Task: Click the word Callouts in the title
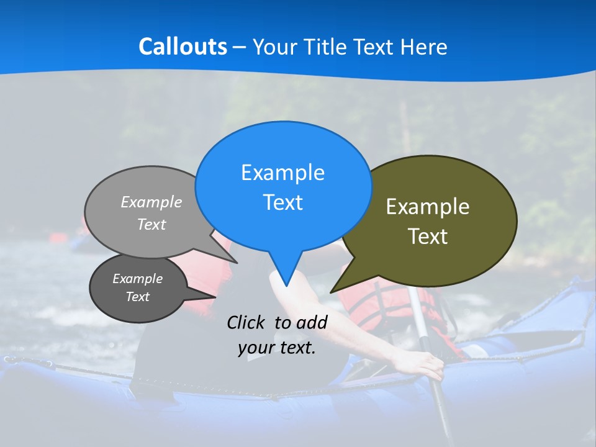183,47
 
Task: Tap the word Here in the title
424,47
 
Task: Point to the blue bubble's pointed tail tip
286,286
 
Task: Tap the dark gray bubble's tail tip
215,297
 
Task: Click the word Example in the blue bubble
282,173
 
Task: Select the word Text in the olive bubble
428,237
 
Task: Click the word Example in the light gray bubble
151,202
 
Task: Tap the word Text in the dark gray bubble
137,297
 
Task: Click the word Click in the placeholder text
245,322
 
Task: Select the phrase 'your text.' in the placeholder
277,348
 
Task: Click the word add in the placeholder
312,322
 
